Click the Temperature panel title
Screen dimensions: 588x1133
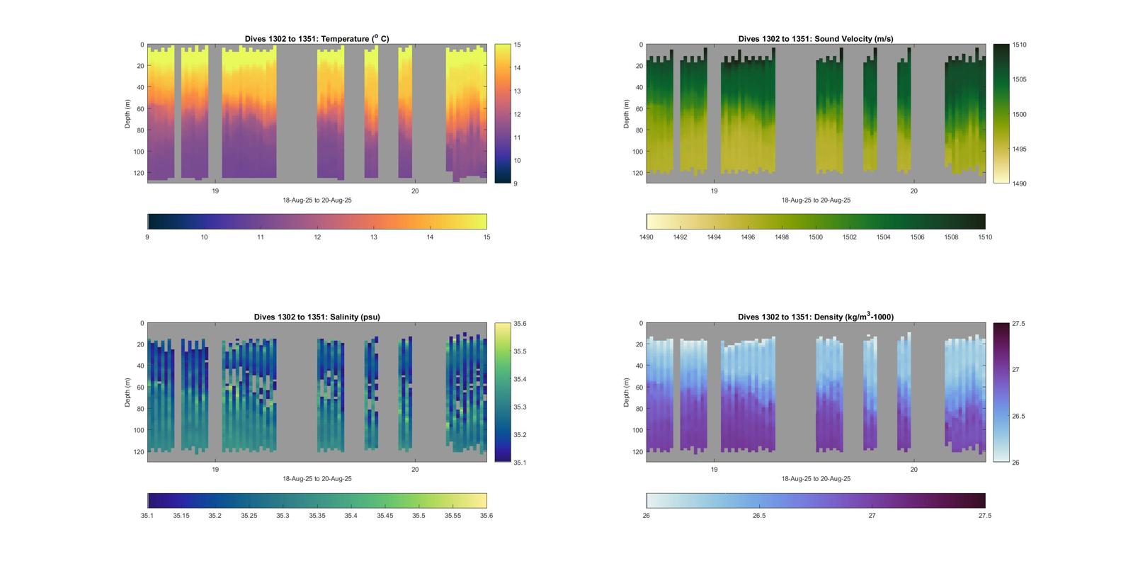pyautogui.click(x=317, y=39)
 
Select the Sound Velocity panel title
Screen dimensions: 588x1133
pyautogui.click(x=815, y=39)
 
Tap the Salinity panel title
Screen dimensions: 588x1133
pyautogui.click(x=317, y=317)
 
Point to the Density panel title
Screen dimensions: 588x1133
pyautogui.click(x=815, y=317)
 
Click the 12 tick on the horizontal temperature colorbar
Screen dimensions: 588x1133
pyautogui.click(x=317, y=237)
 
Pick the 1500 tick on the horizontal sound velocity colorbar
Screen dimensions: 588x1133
pyautogui.click(x=816, y=237)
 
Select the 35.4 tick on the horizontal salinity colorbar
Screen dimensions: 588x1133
pyautogui.click(x=351, y=516)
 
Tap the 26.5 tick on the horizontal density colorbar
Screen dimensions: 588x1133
pyautogui.click(x=759, y=516)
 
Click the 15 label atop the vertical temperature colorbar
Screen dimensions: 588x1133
pyautogui.click(x=517, y=45)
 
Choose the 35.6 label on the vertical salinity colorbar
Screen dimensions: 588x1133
pyautogui.click(x=520, y=324)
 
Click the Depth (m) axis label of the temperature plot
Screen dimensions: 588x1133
pyautogui.click(x=128, y=114)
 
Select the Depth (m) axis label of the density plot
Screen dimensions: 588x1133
pyautogui.click(x=627, y=392)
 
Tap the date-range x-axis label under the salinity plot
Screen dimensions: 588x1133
pyautogui.click(x=317, y=479)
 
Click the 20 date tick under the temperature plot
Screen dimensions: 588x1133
pyautogui.click(x=415, y=191)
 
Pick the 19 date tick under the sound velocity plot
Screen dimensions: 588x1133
pyautogui.click(x=714, y=191)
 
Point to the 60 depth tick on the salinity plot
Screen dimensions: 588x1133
pyautogui.click(x=140, y=388)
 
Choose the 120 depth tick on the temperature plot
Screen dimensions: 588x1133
pyautogui.click(x=138, y=173)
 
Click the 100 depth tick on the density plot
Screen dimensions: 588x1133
pyautogui.click(x=637, y=430)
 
